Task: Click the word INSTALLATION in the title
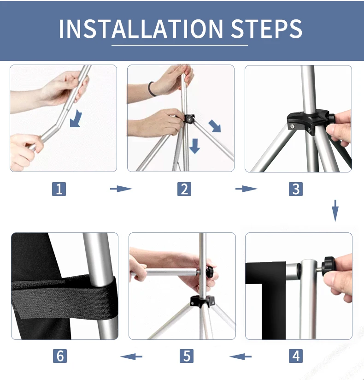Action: (141, 29)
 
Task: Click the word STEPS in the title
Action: (267, 29)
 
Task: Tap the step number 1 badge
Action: (59, 189)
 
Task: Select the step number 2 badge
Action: (184, 189)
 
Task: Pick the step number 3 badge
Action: (296, 189)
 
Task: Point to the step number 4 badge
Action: (296, 356)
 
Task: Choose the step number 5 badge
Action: (187, 356)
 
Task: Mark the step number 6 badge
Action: (60, 356)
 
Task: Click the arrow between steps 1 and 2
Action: (121, 189)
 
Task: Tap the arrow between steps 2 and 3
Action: (247, 189)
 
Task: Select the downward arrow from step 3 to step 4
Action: (335, 211)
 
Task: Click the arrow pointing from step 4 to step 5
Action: (241, 356)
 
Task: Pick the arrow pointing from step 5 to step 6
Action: (131, 356)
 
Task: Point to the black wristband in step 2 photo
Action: (151, 89)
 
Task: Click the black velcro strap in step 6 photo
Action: (64, 297)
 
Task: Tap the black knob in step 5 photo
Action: (210, 272)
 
